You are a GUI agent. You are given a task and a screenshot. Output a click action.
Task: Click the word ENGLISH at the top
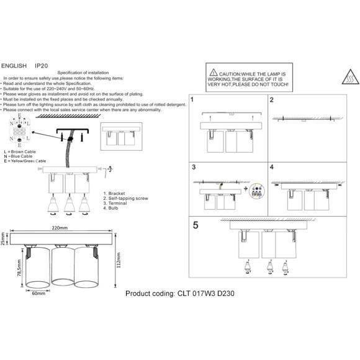pyautogui.click(x=14, y=65)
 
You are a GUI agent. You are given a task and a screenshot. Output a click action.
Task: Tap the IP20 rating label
pyautogui.click(x=42, y=65)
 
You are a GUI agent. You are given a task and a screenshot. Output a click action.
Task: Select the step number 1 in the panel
pyautogui.click(x=193, y=100)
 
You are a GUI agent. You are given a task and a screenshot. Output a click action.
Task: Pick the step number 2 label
pyautogui.click(x=272, y=100)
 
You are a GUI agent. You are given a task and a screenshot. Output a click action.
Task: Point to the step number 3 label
pyautogui.click(x=194, y=168)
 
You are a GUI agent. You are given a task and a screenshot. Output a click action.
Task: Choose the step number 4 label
pyautogui.click(x=272, y=168)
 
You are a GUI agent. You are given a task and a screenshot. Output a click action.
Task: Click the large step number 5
pyautogui.click(x=196, y=226)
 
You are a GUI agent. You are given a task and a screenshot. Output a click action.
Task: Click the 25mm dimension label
pyautogui.click(x=4, y=240)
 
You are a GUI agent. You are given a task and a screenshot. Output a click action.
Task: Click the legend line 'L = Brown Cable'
pyautogui.click(x=21, y=151)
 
